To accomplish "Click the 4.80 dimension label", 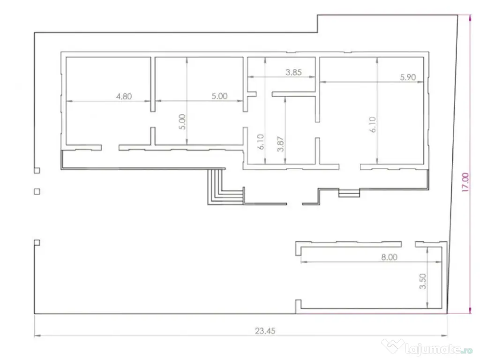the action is click(x=124, y=97).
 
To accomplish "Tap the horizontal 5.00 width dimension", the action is click(x=219, y=96).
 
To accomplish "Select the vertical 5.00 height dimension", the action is click(x=182, y=122).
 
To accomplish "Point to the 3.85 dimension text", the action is click(x=293, y=72).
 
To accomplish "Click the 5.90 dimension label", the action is click(x=408, y=77).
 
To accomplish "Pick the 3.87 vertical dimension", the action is click(x=280, y=144).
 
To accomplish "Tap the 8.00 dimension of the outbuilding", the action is click(x=389, y=257).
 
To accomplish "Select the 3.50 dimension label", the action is click(x=423, y=281).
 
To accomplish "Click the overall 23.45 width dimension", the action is click(x=265, y=331).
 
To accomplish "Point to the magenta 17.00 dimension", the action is click(x=465, y=182).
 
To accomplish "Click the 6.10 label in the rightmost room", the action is click(x=373, y=125).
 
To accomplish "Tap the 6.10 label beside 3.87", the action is click(x=261, y=142).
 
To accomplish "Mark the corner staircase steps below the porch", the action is click(x=226, y=187).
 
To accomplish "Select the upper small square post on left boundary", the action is click(x=37, y=171).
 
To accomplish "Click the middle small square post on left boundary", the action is click(x=37, y=192).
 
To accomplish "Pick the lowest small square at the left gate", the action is click(x=37, y=243).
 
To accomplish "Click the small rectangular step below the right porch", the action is click(x=349, y=193).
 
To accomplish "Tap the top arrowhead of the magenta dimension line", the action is click(x=470, y=17).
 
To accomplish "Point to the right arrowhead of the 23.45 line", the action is click(x=444, y=336).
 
